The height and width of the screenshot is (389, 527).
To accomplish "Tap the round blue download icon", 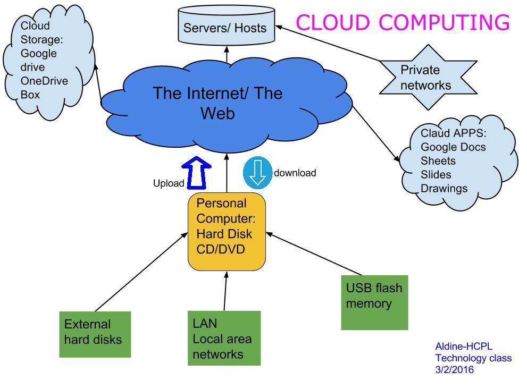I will [258, 172].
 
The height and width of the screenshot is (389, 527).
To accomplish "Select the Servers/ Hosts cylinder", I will [226, 27].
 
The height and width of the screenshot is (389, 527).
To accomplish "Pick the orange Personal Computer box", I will [227, 232].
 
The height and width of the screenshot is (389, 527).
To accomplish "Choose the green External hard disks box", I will [95, 334].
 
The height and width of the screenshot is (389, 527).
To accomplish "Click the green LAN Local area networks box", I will [224, 338].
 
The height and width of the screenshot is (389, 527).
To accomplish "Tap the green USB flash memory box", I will [374, 302].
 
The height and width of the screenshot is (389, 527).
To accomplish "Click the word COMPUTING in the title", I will [445, 22].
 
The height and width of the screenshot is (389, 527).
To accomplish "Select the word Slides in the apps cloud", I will [436, 174].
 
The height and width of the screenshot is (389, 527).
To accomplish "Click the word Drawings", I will [444, 188].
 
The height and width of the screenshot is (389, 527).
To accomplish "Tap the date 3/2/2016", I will [454, 370].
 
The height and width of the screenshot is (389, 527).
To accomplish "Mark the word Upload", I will [169, 183].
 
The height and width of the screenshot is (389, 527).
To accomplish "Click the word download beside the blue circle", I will [295, 173].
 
